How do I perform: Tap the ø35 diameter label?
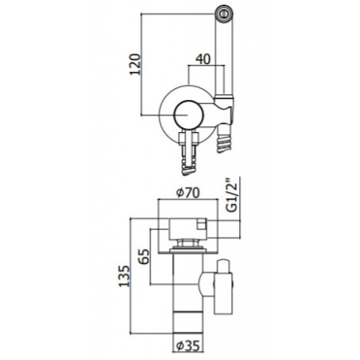click(x=189, y=349)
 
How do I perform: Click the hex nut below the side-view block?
click(x=189, y=242)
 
